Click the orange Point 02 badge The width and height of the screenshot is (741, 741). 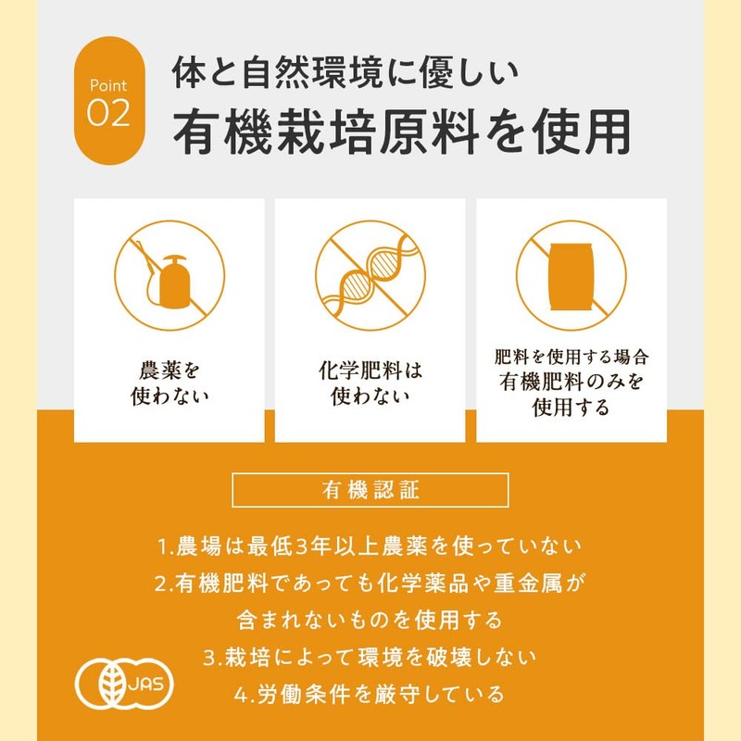tap(109, 100)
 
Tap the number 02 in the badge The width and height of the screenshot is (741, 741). tap(109, 114)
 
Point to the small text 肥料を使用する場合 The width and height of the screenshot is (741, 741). tap(571, 357)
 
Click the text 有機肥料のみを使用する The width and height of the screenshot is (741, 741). tap(571, 394)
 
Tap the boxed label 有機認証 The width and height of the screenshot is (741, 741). tap(370, 490)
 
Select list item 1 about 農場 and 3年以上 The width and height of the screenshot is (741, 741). tap(370, 546)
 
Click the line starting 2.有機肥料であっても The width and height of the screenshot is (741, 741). tap(370, 583)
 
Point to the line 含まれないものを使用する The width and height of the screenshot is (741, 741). tap(370, 619)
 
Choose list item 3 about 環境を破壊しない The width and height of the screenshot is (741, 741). tap(370, 657)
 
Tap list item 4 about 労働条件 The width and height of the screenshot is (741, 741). tap(370, 693)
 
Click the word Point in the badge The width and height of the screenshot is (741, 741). tap(109, 85)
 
